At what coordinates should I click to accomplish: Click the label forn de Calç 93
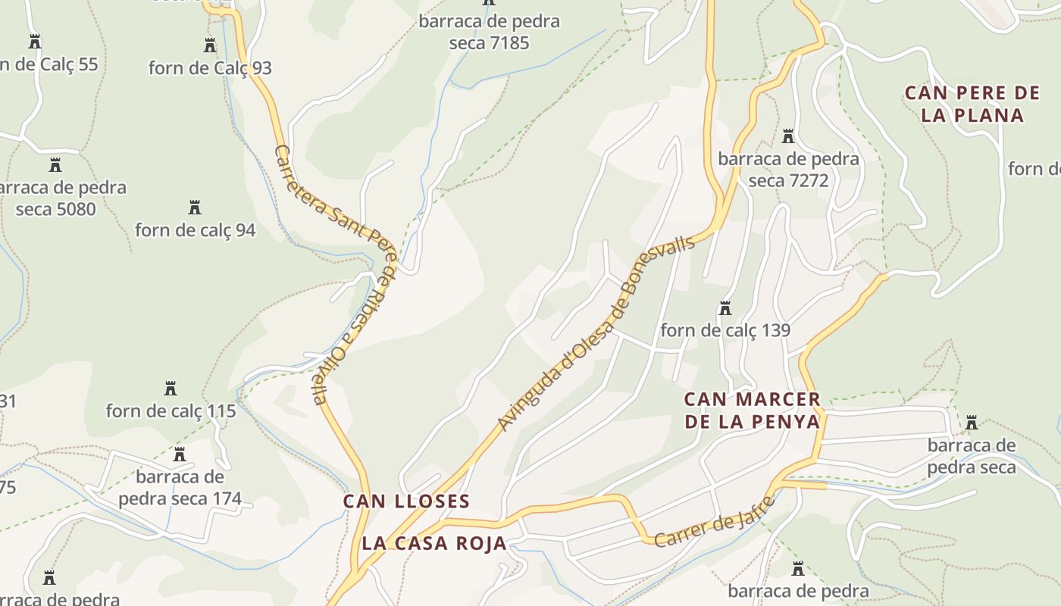coord(210,68)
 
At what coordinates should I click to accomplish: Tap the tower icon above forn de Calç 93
coord(210,45)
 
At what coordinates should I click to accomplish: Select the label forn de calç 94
coord(196,230)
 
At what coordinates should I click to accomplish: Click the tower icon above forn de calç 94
coord(195,207)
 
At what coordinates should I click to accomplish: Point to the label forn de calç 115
coord(171,411)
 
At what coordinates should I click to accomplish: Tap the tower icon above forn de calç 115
coord(171,389)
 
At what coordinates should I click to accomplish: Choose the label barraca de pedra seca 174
coord(180,488)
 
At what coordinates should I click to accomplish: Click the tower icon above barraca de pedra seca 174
coord(180,454)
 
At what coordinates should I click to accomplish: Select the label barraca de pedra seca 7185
coord(489,32)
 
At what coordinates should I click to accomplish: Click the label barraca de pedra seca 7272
coord(788,170)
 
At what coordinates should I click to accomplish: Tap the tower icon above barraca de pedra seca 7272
coord(788,136)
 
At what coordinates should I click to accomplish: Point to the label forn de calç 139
coord(725,330)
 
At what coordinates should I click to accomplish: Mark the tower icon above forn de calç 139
coord(725,308)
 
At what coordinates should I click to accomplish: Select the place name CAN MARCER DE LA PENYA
coord(753,411)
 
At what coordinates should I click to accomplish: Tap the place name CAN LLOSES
coord(407,501)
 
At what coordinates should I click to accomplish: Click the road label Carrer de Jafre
coord(715,522)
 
